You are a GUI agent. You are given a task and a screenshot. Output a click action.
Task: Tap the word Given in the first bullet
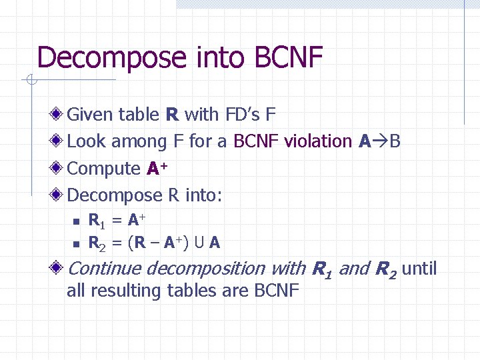90,115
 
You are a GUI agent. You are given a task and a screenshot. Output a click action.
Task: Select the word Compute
104,169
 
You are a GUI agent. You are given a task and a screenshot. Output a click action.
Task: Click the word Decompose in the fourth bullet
115,195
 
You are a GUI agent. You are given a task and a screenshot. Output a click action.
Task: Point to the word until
419,269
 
